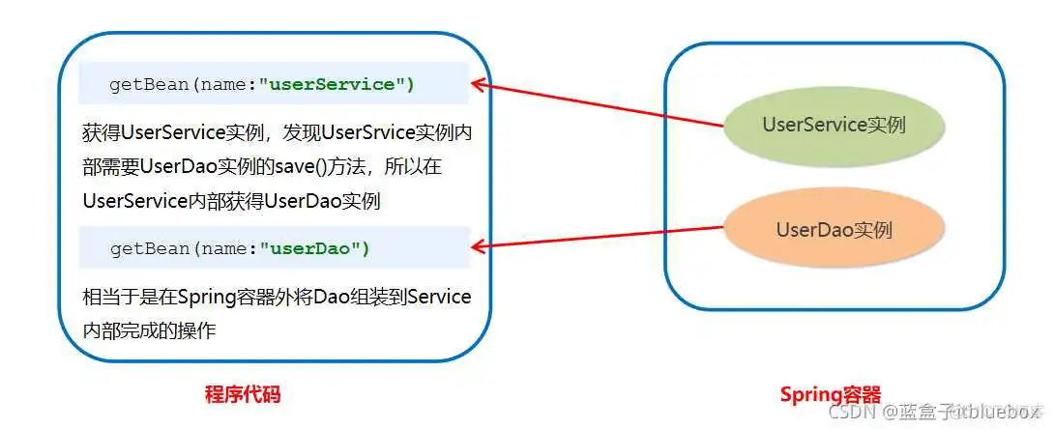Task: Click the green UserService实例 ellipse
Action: [834, 125]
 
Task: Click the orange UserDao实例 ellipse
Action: [834, 230]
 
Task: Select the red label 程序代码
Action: [243, 394]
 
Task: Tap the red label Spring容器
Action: [831, 394]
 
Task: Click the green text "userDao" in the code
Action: [314, 248]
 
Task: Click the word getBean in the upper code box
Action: [149, 84]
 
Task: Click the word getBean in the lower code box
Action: [149, 248]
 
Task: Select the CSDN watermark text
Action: [848, 413]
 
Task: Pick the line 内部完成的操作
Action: [150, 330]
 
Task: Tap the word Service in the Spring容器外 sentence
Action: [439, 297]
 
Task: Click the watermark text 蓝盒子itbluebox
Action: [957, 413]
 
